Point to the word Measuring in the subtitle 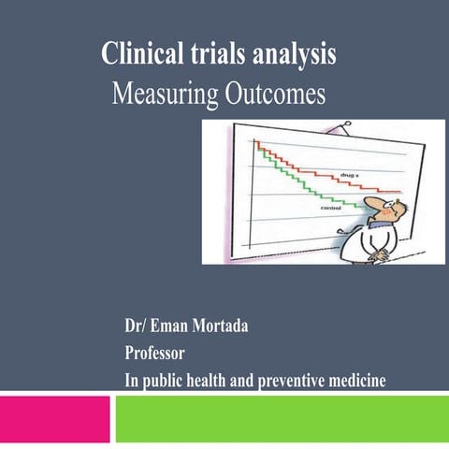click(x=158, y=95)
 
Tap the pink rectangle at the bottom click(x=54, y=418)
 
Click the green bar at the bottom click(x=281, y=418)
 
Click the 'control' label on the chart click(x=331, y=209)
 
